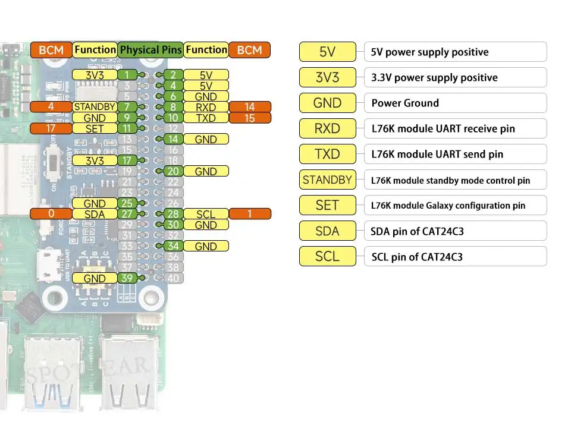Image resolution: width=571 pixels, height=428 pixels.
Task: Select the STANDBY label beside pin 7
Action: (95, 107)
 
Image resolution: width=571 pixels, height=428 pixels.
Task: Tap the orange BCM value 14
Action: (250, 107)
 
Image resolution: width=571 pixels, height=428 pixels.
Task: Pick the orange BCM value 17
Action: (51, 128)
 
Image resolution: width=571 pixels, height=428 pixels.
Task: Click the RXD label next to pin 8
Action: (206, 107)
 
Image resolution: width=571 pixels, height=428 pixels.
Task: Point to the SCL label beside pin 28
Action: (206, 214)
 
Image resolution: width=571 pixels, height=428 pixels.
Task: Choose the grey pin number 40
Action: (173, 278)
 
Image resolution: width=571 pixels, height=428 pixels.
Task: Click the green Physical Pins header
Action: (151, 50)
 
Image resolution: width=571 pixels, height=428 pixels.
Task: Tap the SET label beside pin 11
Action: (95, 128)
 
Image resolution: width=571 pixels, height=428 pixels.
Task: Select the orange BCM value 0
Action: (51, 214)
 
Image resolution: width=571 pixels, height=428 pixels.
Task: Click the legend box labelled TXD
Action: (327, 154)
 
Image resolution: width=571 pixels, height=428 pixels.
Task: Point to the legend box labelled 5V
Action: (327, 52)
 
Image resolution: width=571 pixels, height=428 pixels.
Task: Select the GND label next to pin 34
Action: (206, 246)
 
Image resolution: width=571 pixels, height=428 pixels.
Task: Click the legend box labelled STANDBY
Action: (327, 180)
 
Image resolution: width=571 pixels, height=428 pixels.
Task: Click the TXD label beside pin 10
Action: (206, 118)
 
